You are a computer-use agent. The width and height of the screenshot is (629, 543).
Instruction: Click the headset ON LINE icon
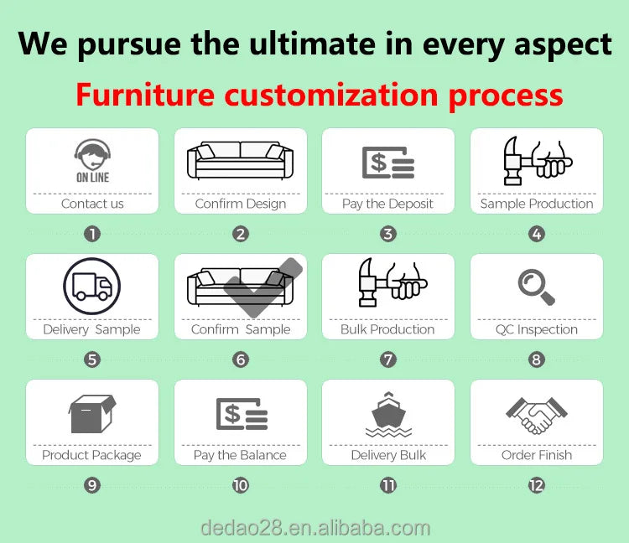(92, 160)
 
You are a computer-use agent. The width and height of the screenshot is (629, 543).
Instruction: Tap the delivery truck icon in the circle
(92, 287)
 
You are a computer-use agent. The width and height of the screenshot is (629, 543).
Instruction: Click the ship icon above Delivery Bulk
(388, 413)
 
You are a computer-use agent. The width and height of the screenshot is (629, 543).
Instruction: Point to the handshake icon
(536, 413)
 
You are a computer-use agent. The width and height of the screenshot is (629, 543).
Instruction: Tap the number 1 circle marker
(92, 235)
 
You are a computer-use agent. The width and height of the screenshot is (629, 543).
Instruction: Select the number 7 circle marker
(388, 360)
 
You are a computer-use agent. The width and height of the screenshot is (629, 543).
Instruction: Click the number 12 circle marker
(536, 485)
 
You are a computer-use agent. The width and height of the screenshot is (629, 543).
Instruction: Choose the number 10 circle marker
(241, 485)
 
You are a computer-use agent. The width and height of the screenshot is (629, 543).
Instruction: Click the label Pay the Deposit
(387, 204)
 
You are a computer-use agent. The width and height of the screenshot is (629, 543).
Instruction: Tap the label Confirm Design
(241, 204)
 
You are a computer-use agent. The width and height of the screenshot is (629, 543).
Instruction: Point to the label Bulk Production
(387, 329)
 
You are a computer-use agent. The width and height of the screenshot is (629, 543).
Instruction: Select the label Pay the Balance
(240, 455)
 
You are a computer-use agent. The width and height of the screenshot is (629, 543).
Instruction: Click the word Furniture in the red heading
(146, 95)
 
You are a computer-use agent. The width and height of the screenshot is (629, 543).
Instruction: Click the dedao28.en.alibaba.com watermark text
(315, 528)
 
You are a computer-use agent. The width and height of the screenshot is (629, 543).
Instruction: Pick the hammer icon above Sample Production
(536, 160)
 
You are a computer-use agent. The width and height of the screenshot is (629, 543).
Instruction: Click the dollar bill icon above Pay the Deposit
(388, 161)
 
